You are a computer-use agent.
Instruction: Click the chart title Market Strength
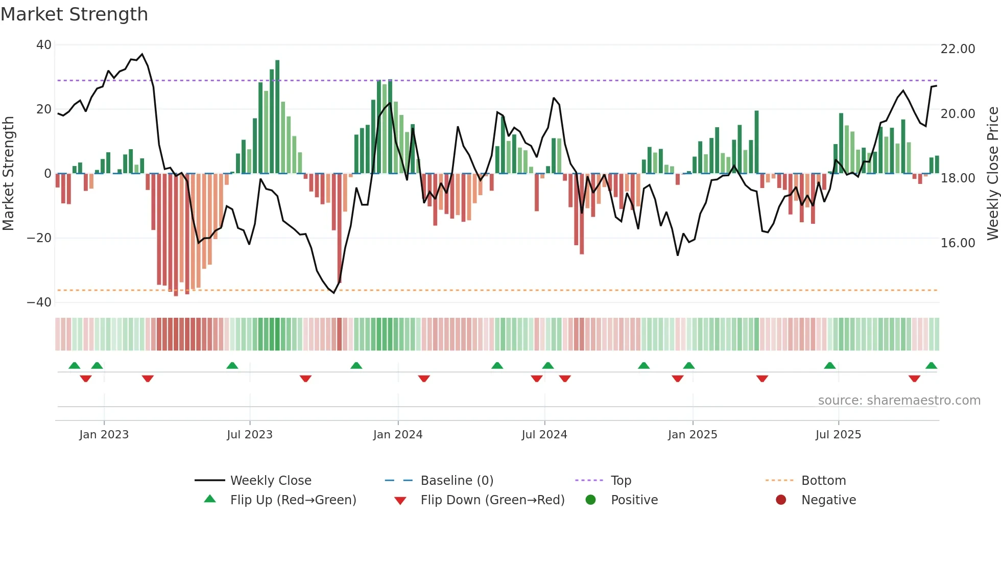tap(74, 14)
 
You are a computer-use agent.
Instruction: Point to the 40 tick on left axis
tap(43, 45)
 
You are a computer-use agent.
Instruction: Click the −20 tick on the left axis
tap(39, 238)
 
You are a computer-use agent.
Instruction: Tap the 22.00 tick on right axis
tap(958, 49)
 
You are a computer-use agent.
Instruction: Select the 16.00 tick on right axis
tap(958, 243)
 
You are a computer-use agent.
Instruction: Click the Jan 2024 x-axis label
tap(398, 435)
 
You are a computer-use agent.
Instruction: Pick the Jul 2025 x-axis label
tap(838, 435)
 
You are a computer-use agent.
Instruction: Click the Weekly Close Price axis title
tap(992, 174)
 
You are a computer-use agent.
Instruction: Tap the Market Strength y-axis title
tap(8, 174)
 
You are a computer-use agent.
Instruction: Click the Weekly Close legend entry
tap(270, 481)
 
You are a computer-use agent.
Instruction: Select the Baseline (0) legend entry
tap(457, 481)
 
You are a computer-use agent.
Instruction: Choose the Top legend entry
tap(621, 481)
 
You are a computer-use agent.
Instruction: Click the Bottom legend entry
tap(823, 481)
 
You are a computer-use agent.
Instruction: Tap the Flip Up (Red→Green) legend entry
tap(293, 500)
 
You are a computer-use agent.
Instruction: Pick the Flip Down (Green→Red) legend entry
tap(492, 500)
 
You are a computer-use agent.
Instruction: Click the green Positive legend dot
tap(591, 500)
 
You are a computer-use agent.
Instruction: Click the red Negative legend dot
tap(781, 500)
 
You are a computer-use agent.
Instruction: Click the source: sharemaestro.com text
tap(899, 401)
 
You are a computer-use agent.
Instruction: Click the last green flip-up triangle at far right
tap(931, 365)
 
